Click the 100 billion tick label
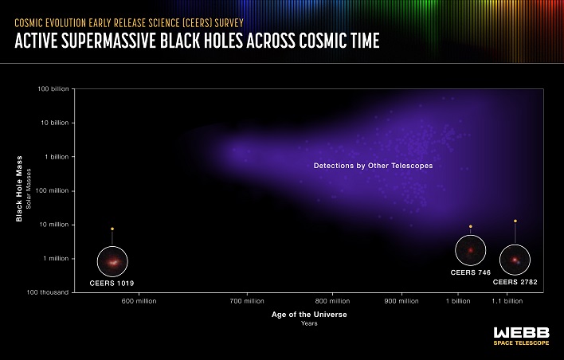point(53,88)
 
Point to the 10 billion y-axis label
point(55,123)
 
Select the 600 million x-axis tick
point(139,301)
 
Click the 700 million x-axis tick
point(247,301)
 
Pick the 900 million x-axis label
point(401,301)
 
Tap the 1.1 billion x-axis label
point(507,301)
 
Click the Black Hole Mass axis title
point(18,190)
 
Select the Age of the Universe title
point(309,315)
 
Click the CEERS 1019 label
point(111,283)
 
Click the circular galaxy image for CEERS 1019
point(112,261)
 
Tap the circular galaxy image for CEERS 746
point(470,250)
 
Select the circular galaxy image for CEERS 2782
point(515,260)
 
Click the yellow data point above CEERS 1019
point(112,229)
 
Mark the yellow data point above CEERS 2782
point(515,221)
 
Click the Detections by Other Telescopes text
point(362,166)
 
